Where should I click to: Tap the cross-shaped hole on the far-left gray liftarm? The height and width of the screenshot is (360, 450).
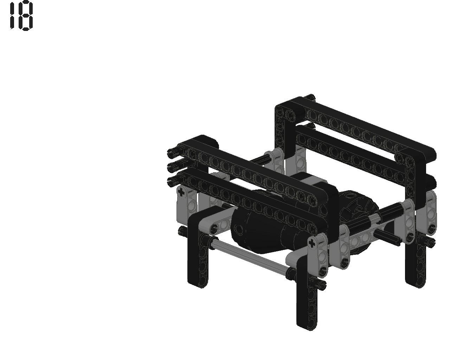click(181, 192)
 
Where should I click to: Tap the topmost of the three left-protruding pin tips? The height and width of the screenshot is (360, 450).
click(172, 153)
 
